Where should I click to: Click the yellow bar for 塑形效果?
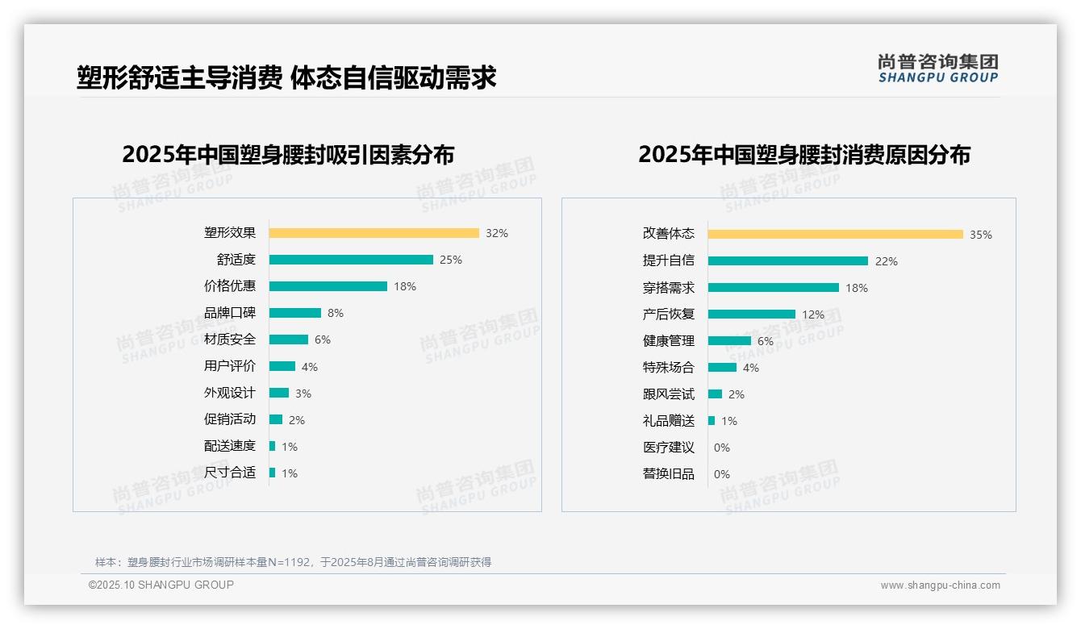click(x=374, y=233)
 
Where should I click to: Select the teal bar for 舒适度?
click(x=351, y=260)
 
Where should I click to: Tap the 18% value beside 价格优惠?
click(x=405, y=286)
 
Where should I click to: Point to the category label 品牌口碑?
click(x=230, y=313)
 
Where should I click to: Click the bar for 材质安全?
click(x=289, y=339)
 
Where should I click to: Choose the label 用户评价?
click(x=230, y=366)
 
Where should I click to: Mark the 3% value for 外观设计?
click(x=303, y=394)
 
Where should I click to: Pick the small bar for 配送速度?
click(x=273, y=446)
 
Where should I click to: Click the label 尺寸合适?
click(x=230, y=473)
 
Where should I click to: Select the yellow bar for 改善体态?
click(x=835, y=234)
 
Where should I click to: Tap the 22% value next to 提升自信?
click(x=887, y=261)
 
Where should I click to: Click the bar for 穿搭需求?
click(x=773, y=287)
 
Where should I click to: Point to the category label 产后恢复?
click(x=669, y=314)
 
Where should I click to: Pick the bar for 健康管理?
click(x=729, y=340)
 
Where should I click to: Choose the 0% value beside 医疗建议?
click(x=722, y=448)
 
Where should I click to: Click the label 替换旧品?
click(x=669, y=473)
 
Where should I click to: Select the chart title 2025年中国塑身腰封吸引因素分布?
click(x=288, y=155)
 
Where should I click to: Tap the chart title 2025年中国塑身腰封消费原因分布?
click(x=804, y=155)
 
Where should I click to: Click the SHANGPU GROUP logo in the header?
click(x=938, y=69)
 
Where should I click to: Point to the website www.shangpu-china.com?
click(x=940, y=585)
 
